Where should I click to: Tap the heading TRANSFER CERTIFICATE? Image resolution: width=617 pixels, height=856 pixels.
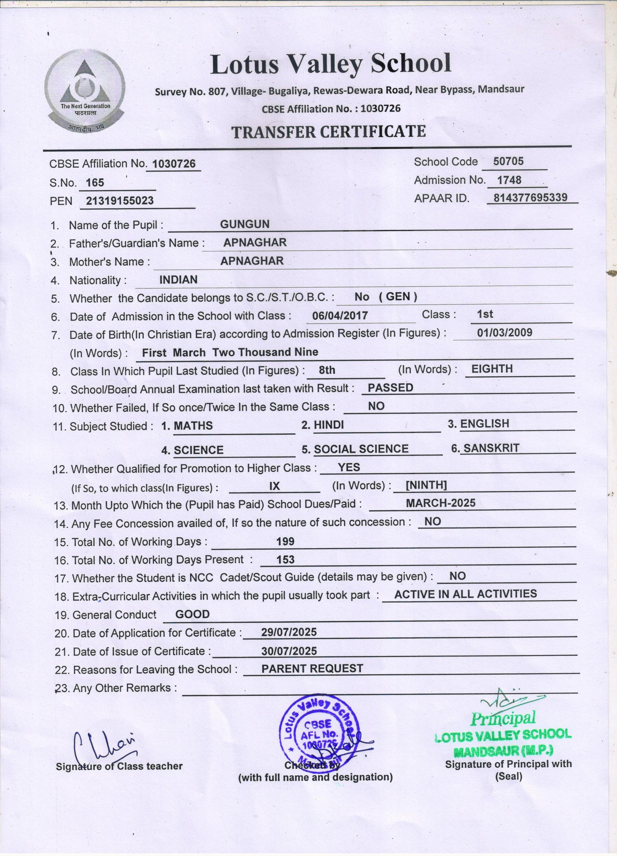pyautogui.click(x=329, y=132)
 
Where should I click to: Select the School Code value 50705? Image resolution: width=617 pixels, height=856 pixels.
pyautogui.click(x=508, y=161)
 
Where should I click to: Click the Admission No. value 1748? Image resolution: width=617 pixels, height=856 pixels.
pyautogui.click(x=509, y=180)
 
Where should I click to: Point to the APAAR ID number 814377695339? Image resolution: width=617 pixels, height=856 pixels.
pyautogui.click(x=531, y=197)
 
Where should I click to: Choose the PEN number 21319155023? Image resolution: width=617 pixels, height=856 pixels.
pyautogui.click(x=120, y=201)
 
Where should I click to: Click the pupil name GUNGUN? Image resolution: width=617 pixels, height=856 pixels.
pyautogui.click(x=244, y=224)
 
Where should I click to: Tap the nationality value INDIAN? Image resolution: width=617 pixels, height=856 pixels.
pyautogui.click(x=178, y=280)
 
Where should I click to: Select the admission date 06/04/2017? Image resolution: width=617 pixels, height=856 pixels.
pyautogui.click(x=340, y=316)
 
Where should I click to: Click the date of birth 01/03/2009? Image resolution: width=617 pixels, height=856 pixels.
pyautogui.click(x=504, y=332)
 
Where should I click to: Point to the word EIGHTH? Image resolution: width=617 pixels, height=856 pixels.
pyautogui.click(x=492, y=369)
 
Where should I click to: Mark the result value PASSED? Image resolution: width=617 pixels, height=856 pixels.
pyautogui.click(x=390, y=388)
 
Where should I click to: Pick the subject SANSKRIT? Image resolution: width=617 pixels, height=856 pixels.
pyautogui.click(x=491, y=448)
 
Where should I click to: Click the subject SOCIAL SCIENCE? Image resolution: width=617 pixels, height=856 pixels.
pyautogui.click(x=361, y=449)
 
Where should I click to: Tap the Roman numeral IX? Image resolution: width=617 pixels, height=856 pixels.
pyautogui.click(x=274, y=486)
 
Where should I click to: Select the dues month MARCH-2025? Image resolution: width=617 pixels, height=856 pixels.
pyautogui.click(x=440, y=503)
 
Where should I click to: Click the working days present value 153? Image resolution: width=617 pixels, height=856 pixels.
pyautogui.click(x=285, y=559)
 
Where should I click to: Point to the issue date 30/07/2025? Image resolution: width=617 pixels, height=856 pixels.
pyautogui.click(x=289, y=651)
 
